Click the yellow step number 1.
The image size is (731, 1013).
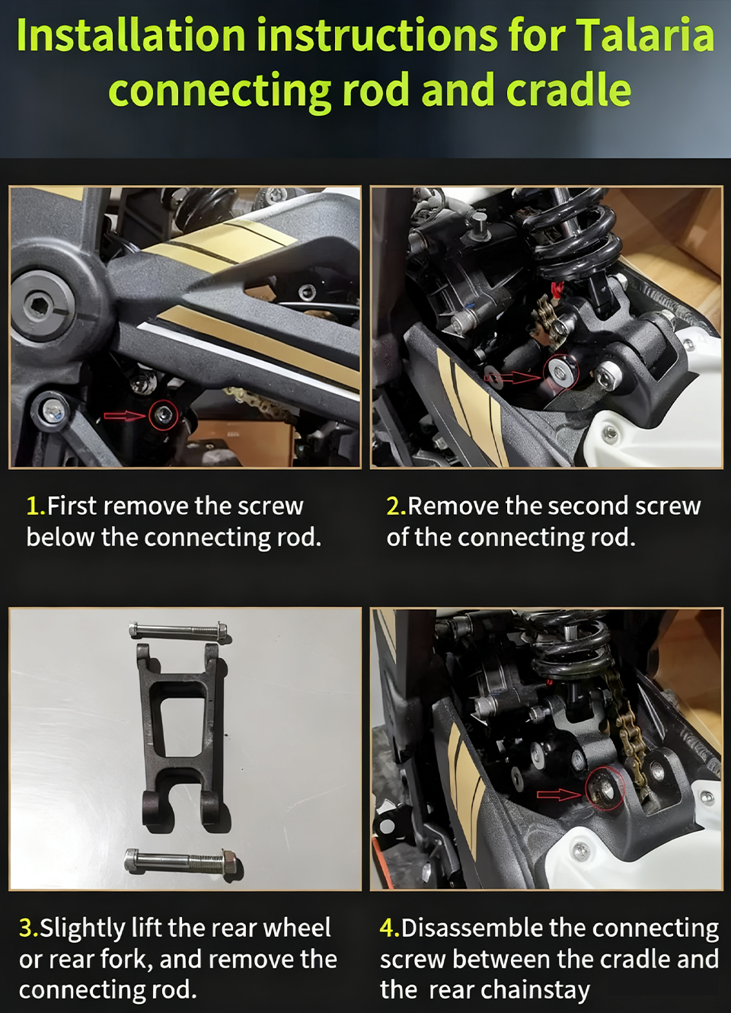tap(36, 506)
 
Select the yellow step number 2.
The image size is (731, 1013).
tap(397, 506)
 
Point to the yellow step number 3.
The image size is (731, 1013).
tap(28, 928)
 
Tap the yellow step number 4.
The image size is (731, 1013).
tap(390, 928)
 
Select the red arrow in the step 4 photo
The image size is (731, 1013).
tap(560, 794)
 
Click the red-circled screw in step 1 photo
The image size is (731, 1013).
tap(163, 414)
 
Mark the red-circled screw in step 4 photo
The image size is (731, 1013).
tap(605, 789)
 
